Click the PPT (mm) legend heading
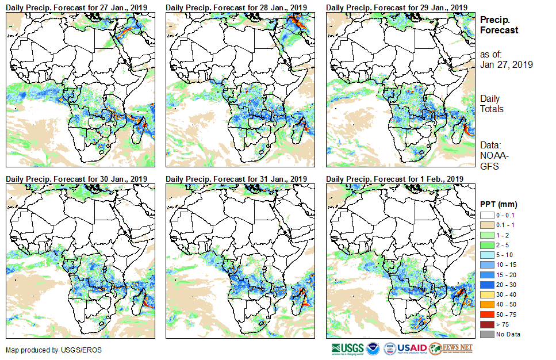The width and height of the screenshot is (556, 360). tap(499, 204)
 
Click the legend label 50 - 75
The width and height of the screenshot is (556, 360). tap(506, 316)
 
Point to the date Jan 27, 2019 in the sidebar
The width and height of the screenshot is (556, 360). tap(506, 64)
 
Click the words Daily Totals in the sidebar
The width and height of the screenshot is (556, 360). tap(492, 104)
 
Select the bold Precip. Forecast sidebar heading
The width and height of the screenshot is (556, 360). tap(499, 25)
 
